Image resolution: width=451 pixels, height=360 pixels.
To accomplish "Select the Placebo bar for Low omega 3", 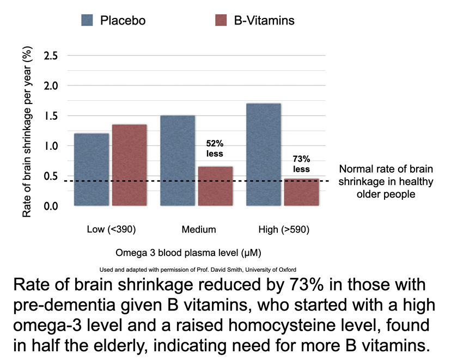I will (92, 169).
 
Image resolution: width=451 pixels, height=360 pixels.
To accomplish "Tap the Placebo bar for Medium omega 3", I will (178, 161).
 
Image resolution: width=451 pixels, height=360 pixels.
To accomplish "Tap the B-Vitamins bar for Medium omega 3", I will (216, 186).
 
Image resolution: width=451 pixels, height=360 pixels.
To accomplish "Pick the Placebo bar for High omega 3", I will (264, 155).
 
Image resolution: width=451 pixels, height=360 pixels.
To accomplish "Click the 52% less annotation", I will (215, 149).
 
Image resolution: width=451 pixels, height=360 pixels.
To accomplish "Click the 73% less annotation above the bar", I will (301, 164).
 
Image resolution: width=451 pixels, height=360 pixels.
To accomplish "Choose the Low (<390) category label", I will (111, 229).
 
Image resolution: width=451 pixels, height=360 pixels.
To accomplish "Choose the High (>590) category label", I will (283, 229).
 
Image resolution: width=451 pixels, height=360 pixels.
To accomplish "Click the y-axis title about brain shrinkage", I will (27, 131).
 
